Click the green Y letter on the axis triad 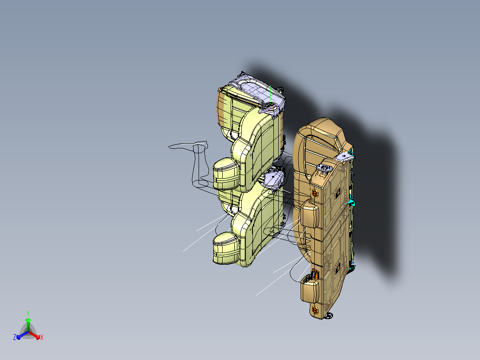pyautogui.click(x=28, y=313)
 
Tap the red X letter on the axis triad pyautogui.click(x=42, y=337)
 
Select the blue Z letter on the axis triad pyautogui.click(x=15, y=337)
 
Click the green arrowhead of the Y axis pyautogui.click(x=28, y=320)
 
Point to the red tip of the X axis pyautogui.click(x=38, y=337)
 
